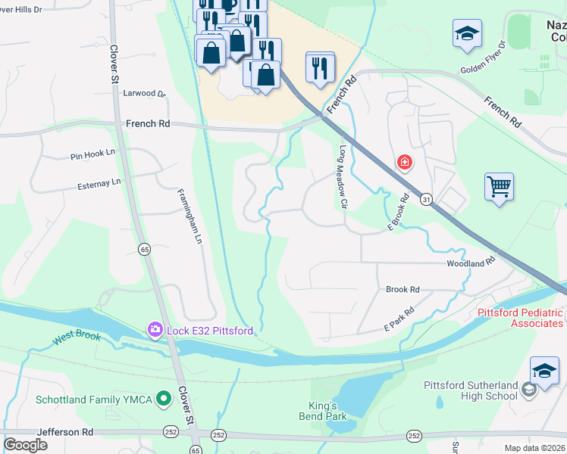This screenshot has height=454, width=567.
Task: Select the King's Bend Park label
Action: click(x=327, y=411)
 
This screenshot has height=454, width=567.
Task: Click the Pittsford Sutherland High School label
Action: click(x=469, y=390)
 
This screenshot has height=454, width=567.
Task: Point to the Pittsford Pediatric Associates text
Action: click(x=520, y=318)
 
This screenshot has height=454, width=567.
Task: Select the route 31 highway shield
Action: click(x=427, y=198)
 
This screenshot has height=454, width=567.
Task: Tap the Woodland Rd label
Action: click(x=471, y=263)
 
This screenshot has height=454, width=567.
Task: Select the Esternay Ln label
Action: click(x=99, y=183)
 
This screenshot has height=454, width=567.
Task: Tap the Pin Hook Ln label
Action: click(x=92, y=153)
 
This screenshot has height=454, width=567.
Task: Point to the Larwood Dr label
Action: click(x=143, y=94)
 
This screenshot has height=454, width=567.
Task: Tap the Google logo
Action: click(x=25, y=445)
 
